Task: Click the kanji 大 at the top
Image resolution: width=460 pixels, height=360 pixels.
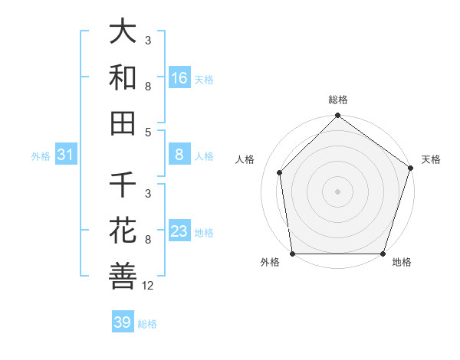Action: (123, 33)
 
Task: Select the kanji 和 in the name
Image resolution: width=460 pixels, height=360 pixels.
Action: (123, 77)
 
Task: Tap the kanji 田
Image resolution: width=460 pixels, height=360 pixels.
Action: (123, 122)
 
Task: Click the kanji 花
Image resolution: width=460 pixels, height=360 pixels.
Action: (123, 231)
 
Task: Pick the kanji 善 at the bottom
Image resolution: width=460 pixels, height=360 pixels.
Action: (123, 275)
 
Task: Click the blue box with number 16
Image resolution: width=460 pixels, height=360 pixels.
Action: (179, 77)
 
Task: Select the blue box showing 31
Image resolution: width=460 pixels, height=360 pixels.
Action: (65, 155)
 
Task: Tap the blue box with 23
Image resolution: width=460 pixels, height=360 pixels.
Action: (179, 231)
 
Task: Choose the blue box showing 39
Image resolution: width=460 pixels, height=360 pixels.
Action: (123, 322)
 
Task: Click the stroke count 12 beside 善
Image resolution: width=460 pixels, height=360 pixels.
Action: (148, 286)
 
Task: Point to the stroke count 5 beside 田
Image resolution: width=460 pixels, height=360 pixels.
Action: (148, 132)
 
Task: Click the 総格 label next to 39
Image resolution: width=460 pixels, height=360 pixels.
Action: (147, 324)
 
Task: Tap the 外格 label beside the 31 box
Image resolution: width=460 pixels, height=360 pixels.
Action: (41, 156)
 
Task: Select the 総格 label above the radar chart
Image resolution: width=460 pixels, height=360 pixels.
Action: (338, 100)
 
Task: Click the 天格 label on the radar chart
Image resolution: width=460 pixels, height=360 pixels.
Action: (431, 159)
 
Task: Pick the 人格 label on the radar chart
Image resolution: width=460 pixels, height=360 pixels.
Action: (245, 159)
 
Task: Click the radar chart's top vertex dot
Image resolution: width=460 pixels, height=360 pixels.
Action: (337, 116)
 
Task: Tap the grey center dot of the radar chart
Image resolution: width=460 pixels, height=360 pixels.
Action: (337, 191)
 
